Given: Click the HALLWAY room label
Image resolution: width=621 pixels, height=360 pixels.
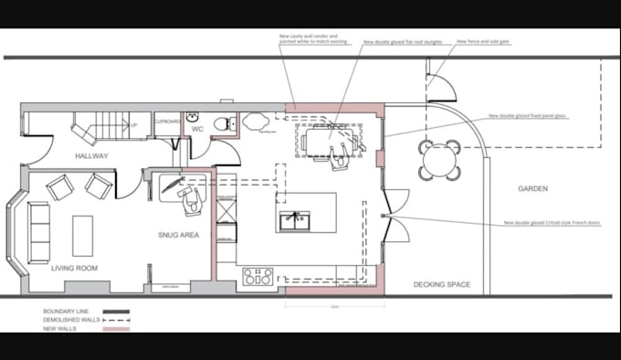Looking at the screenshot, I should (x=92, y=156).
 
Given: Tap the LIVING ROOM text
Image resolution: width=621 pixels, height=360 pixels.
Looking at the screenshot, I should (x=75, y=268).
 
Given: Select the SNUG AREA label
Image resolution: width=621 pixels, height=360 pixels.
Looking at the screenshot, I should (x=178, y=235).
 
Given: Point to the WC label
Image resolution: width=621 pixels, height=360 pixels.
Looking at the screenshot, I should (x=196, y=130).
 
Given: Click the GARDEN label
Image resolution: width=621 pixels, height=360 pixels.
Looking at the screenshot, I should (x=532, y=189).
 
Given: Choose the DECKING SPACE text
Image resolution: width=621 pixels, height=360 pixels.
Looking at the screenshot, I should (x=442, y=285).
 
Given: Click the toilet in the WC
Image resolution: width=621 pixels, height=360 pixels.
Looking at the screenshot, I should (x=219, y=124).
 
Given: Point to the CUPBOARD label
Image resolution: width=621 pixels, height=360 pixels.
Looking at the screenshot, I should (x=167, y=122).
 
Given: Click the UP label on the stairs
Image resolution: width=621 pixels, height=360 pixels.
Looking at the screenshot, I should (x=134, y=126).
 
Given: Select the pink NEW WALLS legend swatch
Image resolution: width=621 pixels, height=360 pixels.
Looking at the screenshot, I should (x=117, y=328).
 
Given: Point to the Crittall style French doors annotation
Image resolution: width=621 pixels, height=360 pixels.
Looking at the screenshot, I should (x=544, y=223).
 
